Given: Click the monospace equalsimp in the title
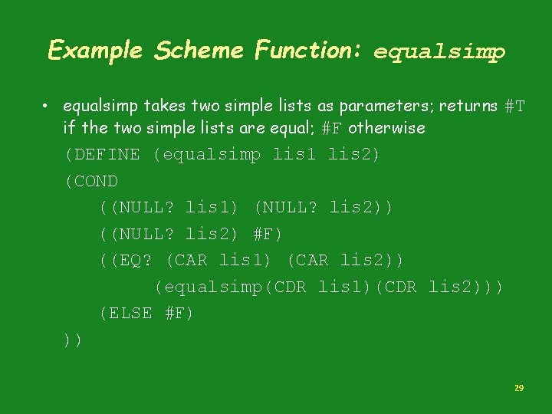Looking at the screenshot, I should pyautogui.click(x=439, y=52).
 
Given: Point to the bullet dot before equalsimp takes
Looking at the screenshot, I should pyautogui.click(x=48, y=104).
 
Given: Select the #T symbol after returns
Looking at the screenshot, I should pyautogui.click(x=515, y=105).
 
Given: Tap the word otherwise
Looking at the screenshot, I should pyautogui.click(x=386, y=128).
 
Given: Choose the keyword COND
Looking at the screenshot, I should pyautogui.click(x=97, y=182).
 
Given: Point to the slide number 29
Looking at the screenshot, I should pyautogui.click(x=519, y=389).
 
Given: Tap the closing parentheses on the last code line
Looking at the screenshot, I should pyautogui.click(x=74, y=340).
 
